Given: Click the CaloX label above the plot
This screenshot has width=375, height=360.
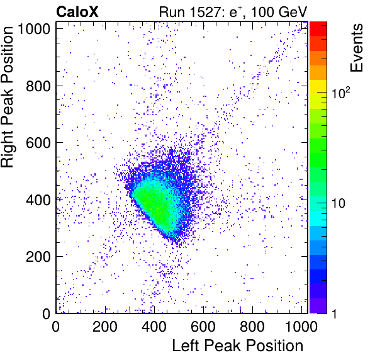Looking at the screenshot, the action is coord(77,12).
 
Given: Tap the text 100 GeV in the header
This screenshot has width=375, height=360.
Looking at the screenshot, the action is coord(279,12).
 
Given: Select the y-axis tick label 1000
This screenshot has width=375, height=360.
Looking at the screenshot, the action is coord(34,29).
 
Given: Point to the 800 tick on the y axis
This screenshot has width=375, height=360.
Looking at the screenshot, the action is coord(38,86).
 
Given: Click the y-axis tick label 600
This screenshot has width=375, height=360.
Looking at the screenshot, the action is coord(38,143).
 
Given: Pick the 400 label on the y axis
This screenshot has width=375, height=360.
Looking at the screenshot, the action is coord(38,200).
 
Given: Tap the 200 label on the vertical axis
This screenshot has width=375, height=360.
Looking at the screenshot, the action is coord(38,257).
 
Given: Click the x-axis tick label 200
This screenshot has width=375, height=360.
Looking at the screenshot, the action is coord(105,326).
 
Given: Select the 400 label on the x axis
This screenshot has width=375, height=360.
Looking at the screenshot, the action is coord(154,326).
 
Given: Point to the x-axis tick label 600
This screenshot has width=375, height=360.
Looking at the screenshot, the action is coord(203,326).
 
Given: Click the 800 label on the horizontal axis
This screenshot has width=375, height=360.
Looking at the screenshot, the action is coord(252,326).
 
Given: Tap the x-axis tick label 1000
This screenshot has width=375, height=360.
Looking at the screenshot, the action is coord(301,326).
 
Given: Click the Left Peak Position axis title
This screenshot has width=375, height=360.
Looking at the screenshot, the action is coord(238,346).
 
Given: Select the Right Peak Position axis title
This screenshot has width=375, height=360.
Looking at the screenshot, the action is coord(7,97).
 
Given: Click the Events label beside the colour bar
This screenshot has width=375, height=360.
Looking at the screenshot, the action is coord(356,48).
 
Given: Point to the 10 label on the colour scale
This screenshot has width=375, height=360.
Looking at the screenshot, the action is coord(338,203).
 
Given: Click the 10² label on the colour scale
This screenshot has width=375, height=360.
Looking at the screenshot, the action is coord(341,93).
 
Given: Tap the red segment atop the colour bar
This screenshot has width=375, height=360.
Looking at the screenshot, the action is coord(318,29).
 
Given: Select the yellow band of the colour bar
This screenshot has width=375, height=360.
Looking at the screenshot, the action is coord(318,87).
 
